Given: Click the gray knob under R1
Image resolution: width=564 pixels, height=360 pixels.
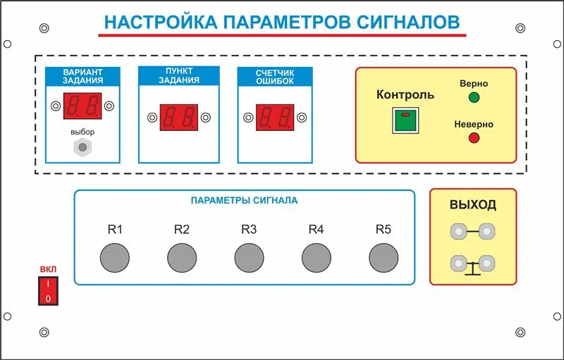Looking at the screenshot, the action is tap(115, 258).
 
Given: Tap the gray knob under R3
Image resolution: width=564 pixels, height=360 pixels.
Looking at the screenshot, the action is tap(250, 258).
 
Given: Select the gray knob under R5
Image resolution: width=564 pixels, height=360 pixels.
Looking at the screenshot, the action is tap(384, 258).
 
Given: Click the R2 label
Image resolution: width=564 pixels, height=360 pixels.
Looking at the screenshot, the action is tap(182, 229).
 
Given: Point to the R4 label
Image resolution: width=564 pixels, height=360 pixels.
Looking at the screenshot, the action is tap(316, 229).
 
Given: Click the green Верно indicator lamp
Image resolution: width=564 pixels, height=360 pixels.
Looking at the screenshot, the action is tap(474, 97).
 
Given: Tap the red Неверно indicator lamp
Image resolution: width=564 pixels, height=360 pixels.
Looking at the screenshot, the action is tap(474, 138).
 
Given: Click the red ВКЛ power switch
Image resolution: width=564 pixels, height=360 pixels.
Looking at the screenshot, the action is tap(48, 291).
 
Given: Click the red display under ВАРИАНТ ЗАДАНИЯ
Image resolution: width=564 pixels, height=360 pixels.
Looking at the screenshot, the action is tap(82, 106).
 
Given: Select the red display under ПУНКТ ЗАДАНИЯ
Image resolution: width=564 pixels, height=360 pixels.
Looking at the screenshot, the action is tap(179, 118).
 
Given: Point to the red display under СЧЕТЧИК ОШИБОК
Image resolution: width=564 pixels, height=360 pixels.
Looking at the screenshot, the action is tap(275, 118).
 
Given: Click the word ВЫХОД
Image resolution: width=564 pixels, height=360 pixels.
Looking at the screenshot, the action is tap(473, 204).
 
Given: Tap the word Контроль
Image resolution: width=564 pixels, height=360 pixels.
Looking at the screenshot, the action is tap(405, 94).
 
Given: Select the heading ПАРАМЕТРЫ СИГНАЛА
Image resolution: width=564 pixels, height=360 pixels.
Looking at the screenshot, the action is tap(244, 201).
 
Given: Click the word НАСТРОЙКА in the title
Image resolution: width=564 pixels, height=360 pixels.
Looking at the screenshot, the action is tap(161, 22).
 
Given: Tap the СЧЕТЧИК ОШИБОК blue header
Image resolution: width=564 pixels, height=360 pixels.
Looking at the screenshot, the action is tap(275, 77).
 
